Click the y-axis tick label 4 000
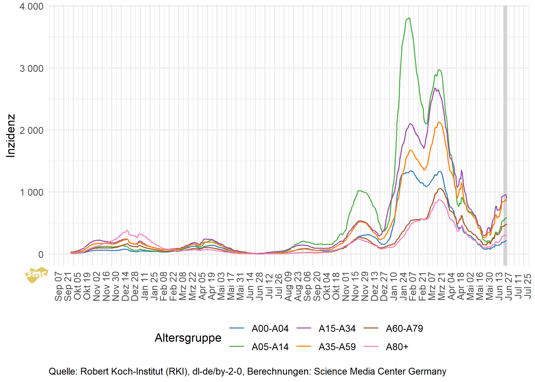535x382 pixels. (x=32, y=6)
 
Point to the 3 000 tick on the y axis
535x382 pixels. (x=32, y=68)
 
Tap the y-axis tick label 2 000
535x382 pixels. (x=32, y=130)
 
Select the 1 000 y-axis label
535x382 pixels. (x=32, y=192)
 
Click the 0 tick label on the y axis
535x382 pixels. (x=41, y=254)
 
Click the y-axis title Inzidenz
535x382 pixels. (x=11, y=136)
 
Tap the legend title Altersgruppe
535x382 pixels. (x=188, y=338)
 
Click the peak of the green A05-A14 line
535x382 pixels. (x=409, y=18)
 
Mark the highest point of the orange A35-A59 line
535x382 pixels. (x=439, y=122)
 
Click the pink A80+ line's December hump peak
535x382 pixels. (x=127, y=230)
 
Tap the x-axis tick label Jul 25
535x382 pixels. (x=527, y=286)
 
